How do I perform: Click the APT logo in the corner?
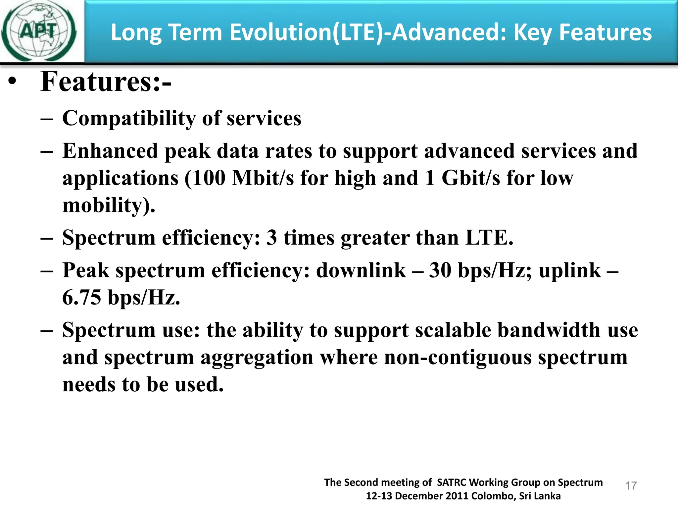39,31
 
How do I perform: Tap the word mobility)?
109,205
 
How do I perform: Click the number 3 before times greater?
271,238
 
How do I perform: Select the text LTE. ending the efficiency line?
489,238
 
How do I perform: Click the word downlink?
361,270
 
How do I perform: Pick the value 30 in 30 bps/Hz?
440,270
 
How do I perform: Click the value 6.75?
81,297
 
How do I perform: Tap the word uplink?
569,270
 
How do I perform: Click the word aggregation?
257,358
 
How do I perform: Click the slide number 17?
631,486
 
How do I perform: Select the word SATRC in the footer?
452,482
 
